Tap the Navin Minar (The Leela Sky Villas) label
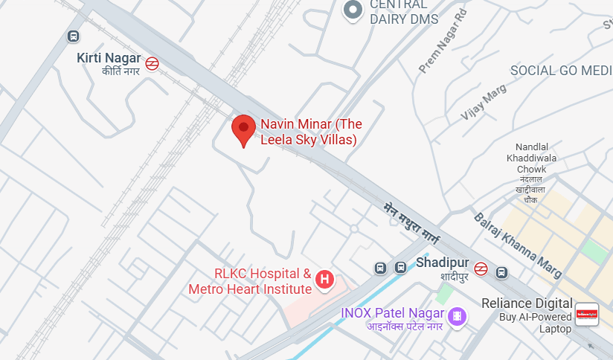click(309, 132)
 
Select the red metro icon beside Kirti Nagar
click(152, 64)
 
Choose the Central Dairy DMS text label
click(404, 13)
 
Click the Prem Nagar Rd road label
click(443, 42)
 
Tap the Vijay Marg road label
click(484, 102)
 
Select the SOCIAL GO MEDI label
click(561, 71)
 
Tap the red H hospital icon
click(324, 280)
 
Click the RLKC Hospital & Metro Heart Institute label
click(251, 281)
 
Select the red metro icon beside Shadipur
click(481, 269)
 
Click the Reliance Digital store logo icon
click(587, 314)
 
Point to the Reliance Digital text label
click(527, 303)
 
